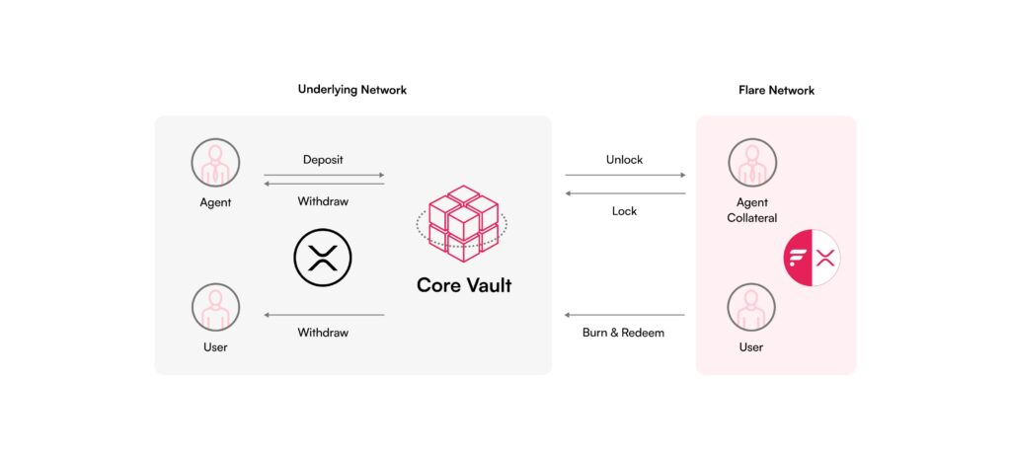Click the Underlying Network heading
(352, 90)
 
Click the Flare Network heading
(776, 90)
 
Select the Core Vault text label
(464, 285)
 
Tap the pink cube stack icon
(462, 223)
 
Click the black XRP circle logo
(323, 258)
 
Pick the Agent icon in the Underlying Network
(215, 163)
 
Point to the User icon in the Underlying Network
(215, 307)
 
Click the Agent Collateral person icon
(752, 163)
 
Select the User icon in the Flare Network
(751, 307)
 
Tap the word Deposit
(323, 160)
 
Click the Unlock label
(624, 160)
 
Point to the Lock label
(624, 211)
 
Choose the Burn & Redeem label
(623, 333)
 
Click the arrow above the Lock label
(625, 193)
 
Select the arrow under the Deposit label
(324, 175)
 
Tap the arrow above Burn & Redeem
(624, 315)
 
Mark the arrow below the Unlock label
(625, 175)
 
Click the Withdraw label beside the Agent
(323, 201)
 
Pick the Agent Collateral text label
(751, 210)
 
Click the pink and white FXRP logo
(812, 258)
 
